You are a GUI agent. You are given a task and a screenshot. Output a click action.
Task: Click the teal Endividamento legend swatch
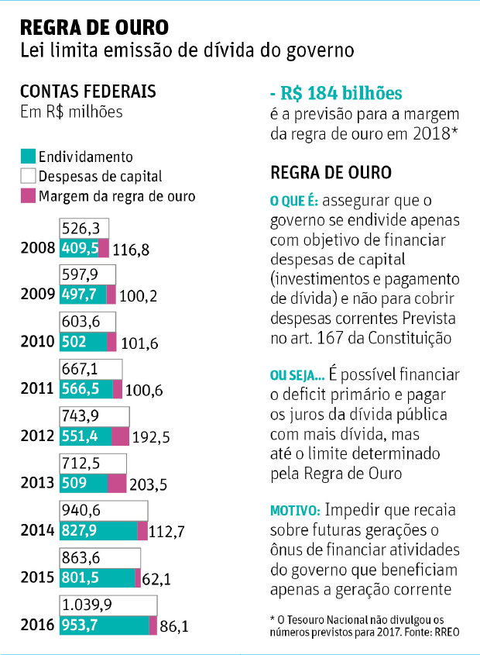(x=28, y=157)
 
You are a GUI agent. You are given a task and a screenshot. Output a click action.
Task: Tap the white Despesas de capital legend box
(x=28, y=176)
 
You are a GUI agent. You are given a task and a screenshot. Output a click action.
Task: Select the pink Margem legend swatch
(x=28, y=195)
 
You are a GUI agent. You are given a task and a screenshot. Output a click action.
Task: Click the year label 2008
(x=37, y=249)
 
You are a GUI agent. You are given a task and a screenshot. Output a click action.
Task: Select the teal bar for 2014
(x=98, y=531)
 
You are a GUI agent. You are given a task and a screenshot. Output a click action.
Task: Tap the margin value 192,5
(x=151, y=438)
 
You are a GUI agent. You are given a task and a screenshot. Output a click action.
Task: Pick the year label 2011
(x=37, y=390)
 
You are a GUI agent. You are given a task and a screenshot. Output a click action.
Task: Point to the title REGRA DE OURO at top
(x=94, y=28)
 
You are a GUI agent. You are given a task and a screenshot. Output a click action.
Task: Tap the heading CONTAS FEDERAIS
(x=88, y=91)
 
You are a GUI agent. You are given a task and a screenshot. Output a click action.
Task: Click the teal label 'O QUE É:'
(x=293, y=202)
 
